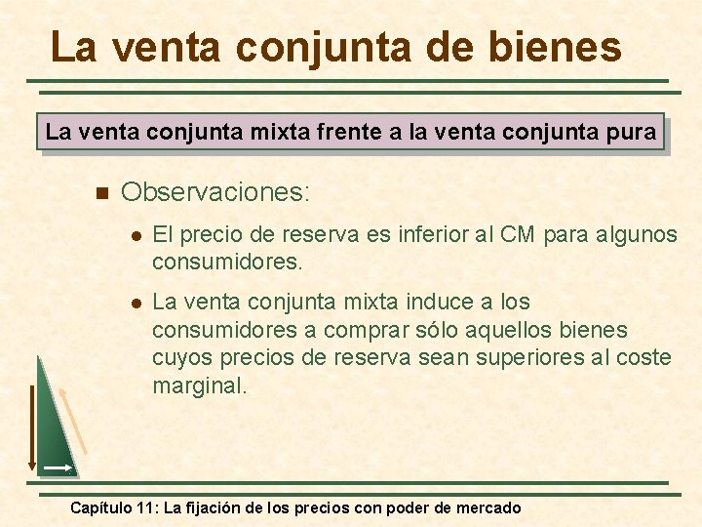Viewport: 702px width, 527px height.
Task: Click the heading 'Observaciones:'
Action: [x=215, y=191]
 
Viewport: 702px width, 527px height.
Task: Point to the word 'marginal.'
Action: [x=200, y=385]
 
